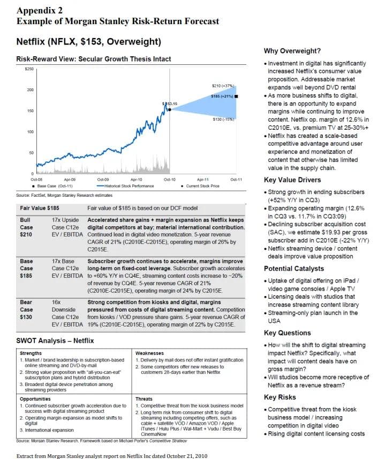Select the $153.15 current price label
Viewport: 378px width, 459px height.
169,102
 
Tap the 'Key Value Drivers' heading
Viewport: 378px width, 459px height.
293,180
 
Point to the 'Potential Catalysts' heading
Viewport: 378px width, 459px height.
294,268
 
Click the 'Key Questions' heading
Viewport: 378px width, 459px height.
288,333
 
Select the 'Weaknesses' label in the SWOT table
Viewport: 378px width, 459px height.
150,353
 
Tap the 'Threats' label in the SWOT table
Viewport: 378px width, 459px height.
144,399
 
